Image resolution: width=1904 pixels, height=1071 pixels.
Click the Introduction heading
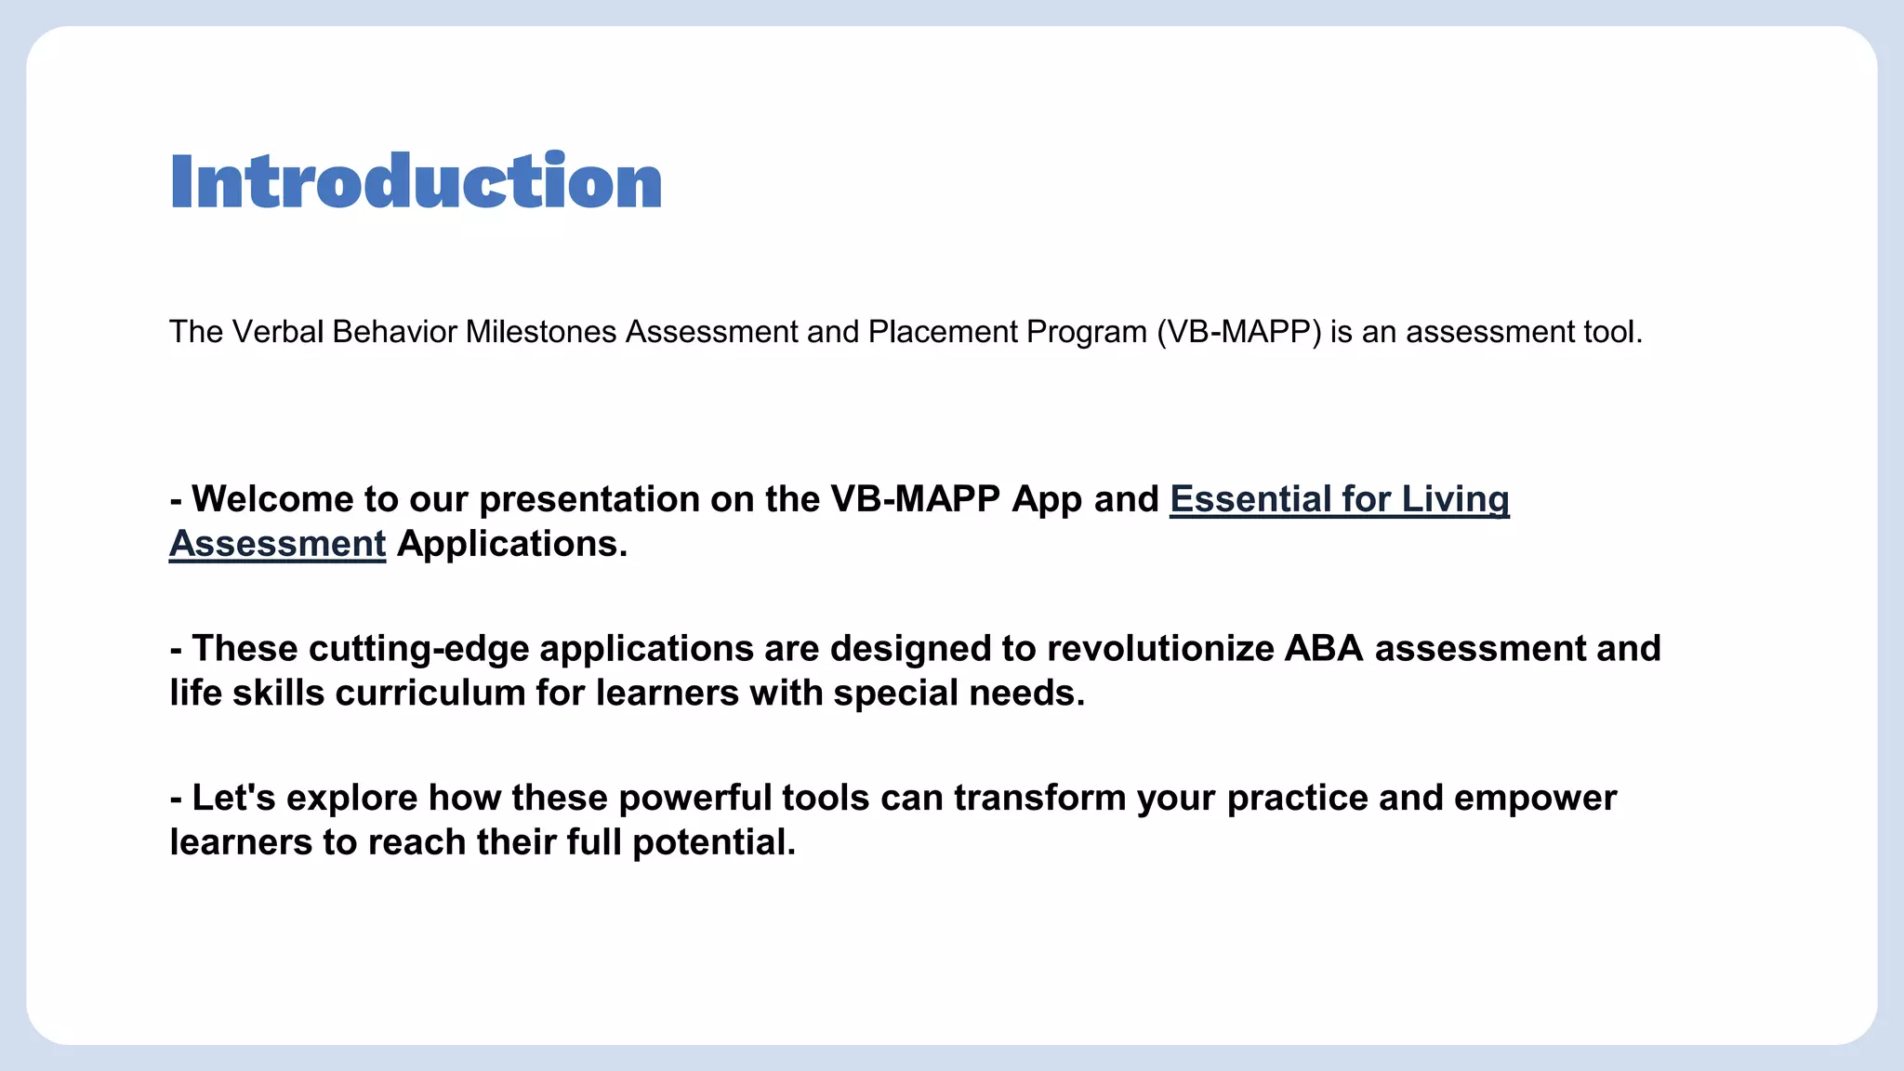click(416, 181)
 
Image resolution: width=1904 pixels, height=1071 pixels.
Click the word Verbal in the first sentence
click(278, 332)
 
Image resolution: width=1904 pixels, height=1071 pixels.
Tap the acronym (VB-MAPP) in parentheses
click(1238, 332)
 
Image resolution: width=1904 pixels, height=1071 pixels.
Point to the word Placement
click(943, 332)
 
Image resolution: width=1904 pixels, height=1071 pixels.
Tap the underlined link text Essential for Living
click(1339, 499)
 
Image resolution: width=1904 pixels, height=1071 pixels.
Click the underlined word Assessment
click(277, 544)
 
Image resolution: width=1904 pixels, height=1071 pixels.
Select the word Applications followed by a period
click(512, 544)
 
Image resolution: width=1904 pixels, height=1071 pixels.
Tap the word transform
click(1039, 799)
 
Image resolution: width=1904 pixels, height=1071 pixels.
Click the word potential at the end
click(714, 843)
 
